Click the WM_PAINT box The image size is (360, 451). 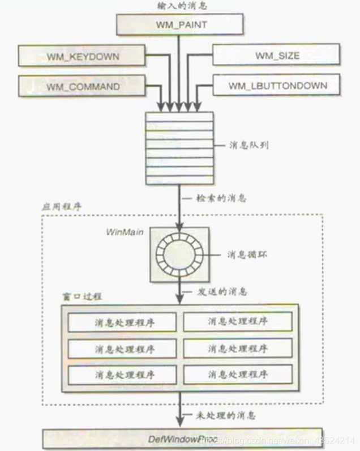(179, 24)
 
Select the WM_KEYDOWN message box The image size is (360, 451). (83, 56)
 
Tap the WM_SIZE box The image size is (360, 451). (277, 56)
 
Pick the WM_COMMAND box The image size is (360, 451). (83, 86)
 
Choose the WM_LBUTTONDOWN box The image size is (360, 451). (277, 86)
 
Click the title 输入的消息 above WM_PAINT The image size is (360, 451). (179, 6)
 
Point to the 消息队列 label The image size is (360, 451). (247, 145)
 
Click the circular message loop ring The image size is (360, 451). (179, 254)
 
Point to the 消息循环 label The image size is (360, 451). (247, 254)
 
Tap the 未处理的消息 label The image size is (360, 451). (226, 415)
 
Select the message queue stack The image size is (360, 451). (179, 147)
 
